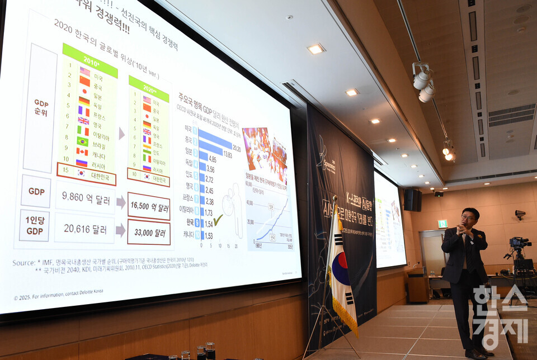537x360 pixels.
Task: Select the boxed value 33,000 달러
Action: click(x=149, y=232)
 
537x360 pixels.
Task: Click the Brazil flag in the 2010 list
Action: click(x=82, y=141)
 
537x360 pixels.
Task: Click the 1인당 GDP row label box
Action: click(x=34, y=226)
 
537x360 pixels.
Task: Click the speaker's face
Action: click(x=469, y=216)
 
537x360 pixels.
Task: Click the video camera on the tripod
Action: click(x=519, y=243)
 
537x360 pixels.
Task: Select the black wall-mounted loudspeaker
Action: click(x=412, y=200)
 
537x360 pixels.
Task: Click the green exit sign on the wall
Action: click(x=442, y=224)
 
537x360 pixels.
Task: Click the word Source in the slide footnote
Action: click(x=23, y=262)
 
